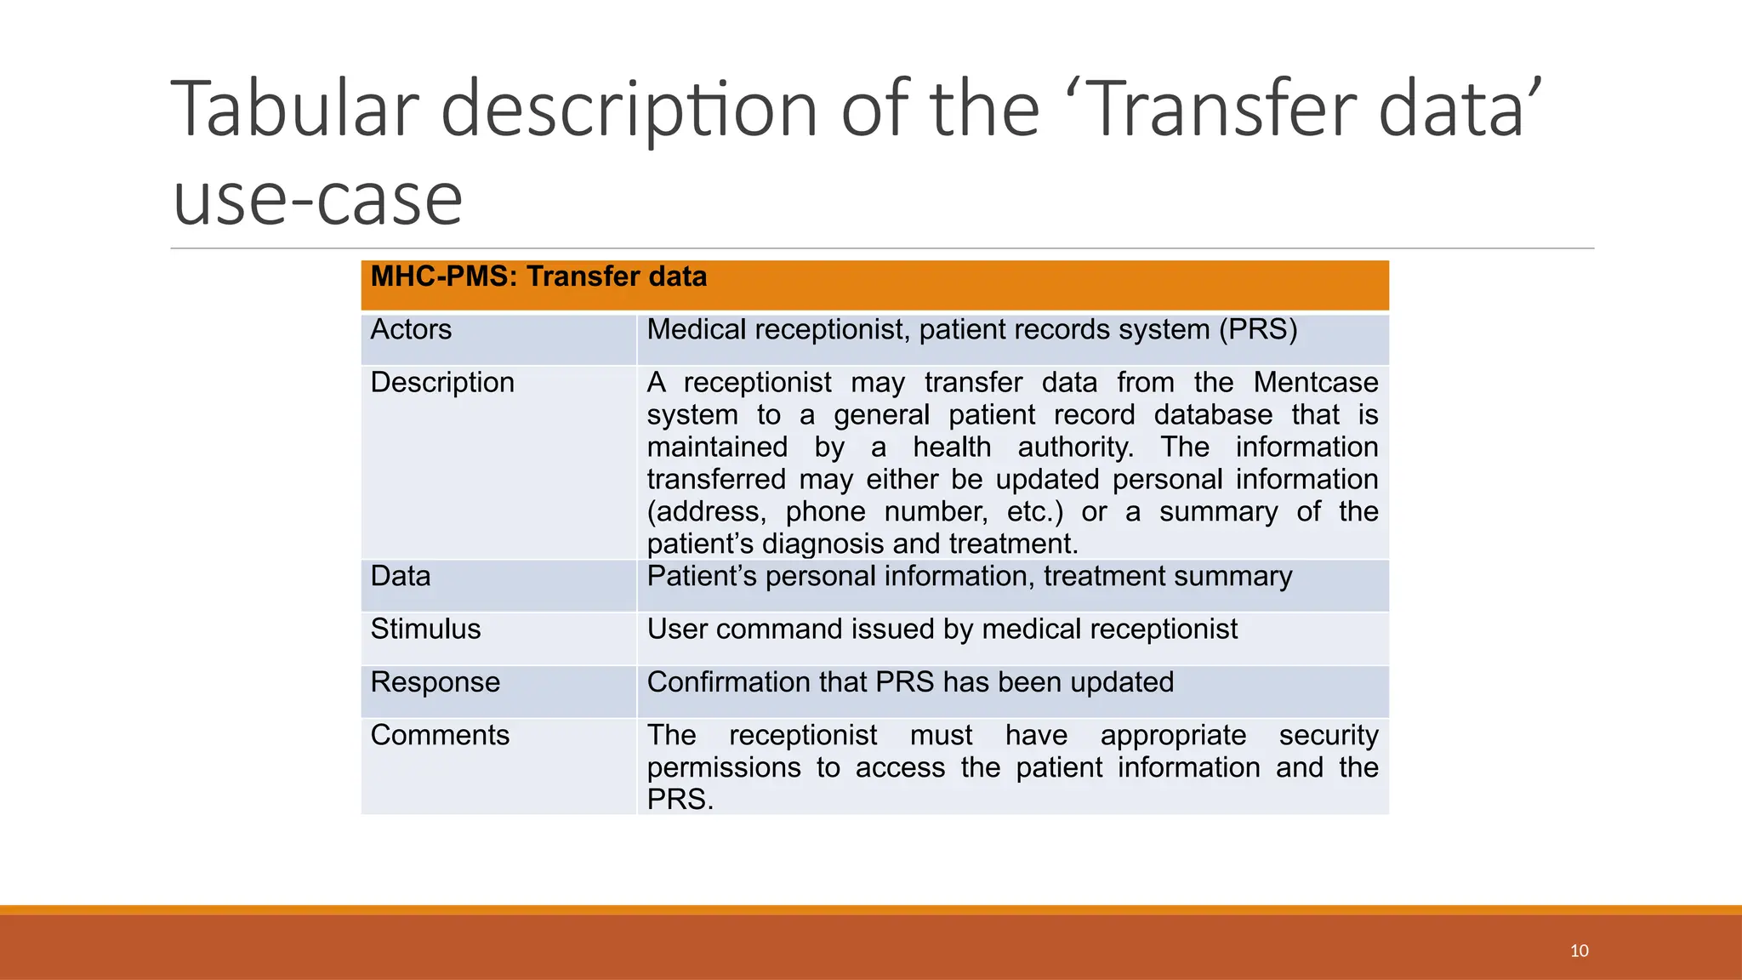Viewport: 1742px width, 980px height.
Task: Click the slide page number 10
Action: click(1579, 951)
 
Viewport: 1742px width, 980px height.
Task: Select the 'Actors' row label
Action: click(411, 329)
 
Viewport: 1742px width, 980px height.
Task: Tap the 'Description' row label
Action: click(442, 383)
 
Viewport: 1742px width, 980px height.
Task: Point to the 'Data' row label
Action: click(401, 577)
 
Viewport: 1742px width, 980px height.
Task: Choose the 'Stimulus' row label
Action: click(425, 630)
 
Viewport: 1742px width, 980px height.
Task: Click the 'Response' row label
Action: click(435, 682)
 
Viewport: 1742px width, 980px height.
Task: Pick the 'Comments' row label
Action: click(440, 735)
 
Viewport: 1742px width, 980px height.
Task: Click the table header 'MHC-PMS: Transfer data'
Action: click(538, 277)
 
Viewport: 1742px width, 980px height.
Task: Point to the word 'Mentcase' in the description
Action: click(1315, 383)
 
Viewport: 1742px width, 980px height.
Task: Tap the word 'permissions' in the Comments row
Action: click(723, 768)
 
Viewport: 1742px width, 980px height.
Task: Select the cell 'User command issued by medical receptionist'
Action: click(942, 630)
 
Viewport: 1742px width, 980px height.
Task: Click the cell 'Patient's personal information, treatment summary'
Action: click(969, 577)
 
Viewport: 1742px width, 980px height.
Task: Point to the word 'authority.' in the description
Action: click(1075, 447)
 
